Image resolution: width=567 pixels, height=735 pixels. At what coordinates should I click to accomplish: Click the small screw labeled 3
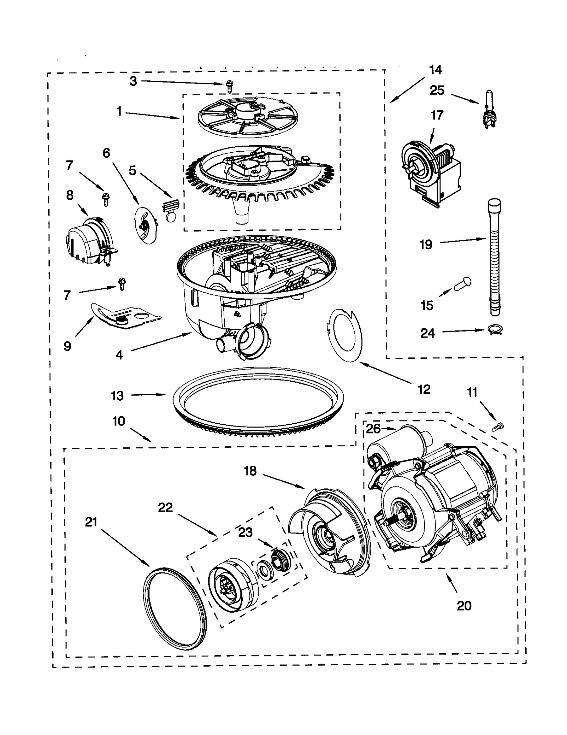click(x=229, y=86)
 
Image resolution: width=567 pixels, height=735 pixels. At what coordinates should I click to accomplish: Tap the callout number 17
click(x=437, y=115)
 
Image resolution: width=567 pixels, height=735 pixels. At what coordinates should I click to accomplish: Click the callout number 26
click(x=373, y=429)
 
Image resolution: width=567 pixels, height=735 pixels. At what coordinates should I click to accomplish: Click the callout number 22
click(x=165, y=508)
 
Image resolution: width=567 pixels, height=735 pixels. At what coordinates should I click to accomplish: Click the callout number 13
click(x=117, y=395)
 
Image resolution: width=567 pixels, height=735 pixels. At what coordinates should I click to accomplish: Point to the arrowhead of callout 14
click(x=392, y=102)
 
